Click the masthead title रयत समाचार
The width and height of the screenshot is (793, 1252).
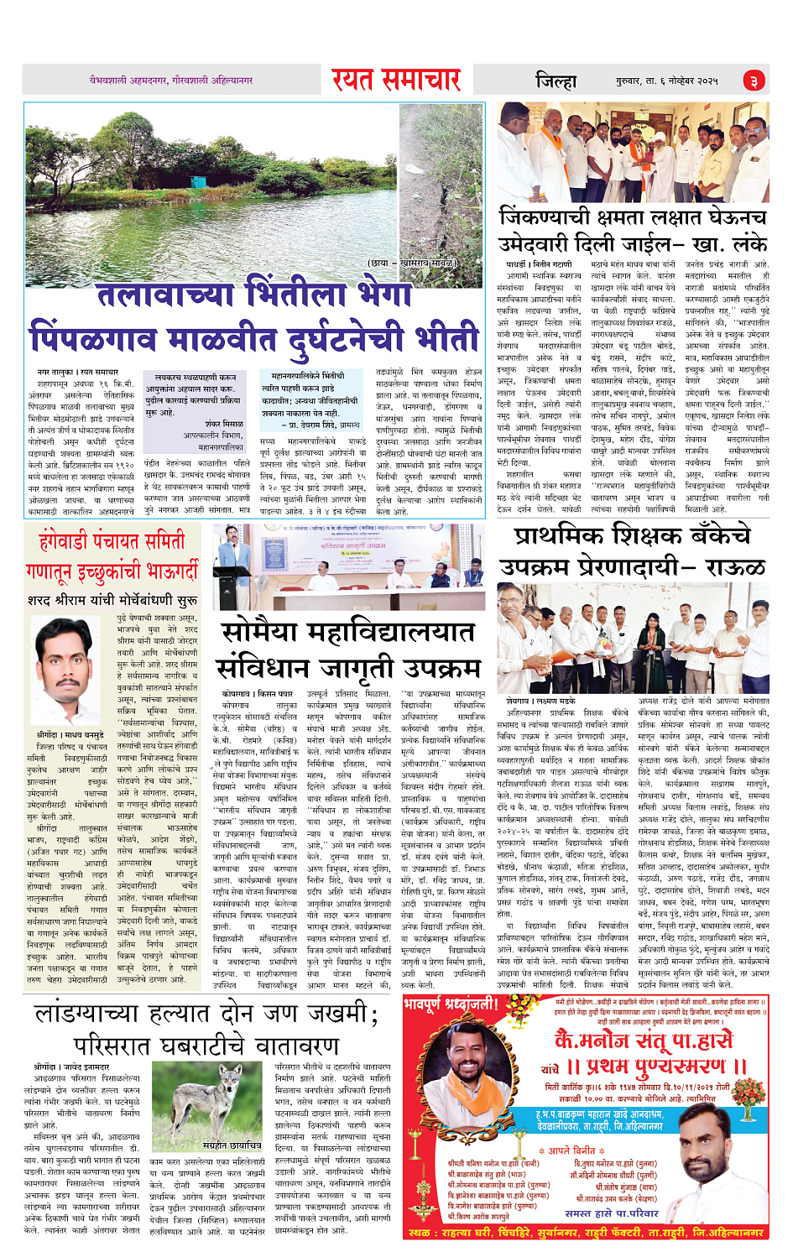(x=395, y=80)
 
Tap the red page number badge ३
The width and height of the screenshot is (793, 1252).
(x=754, y=81)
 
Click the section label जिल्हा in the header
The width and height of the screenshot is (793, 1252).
(x=556, y=81)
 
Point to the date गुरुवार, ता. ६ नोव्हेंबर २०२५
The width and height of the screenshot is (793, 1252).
(x=667, y=81)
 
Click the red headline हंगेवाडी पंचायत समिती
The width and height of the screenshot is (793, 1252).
(x=112, y=542)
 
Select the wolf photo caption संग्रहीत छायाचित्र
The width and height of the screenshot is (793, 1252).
(x=232, y=1145)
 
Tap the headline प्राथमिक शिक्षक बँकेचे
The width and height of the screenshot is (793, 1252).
(x=632, y=536)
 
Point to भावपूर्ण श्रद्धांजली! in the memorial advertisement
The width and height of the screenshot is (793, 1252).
(x=451, y=1004)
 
